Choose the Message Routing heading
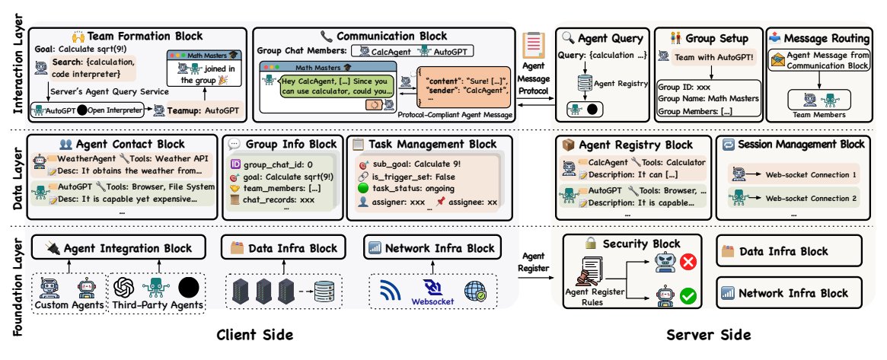point(813,38)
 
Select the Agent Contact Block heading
point(120,145)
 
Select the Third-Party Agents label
point(159,307)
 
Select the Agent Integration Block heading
point(120,247)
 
